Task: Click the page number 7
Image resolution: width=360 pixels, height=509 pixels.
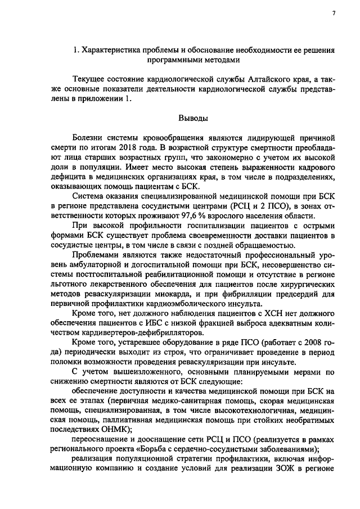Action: (x=334, y=13)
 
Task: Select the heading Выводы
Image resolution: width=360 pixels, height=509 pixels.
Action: (x=192, y=119)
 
